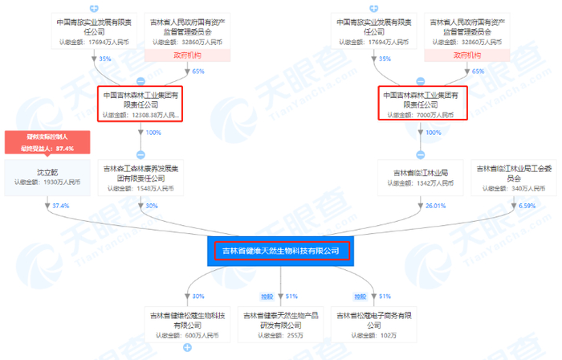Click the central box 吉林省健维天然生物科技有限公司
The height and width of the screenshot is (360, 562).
[281, 251]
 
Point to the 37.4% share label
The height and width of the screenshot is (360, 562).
[59, 206]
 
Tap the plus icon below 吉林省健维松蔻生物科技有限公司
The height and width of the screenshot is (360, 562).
[187, 348]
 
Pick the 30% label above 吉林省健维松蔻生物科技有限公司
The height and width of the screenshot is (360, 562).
[198, 296]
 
